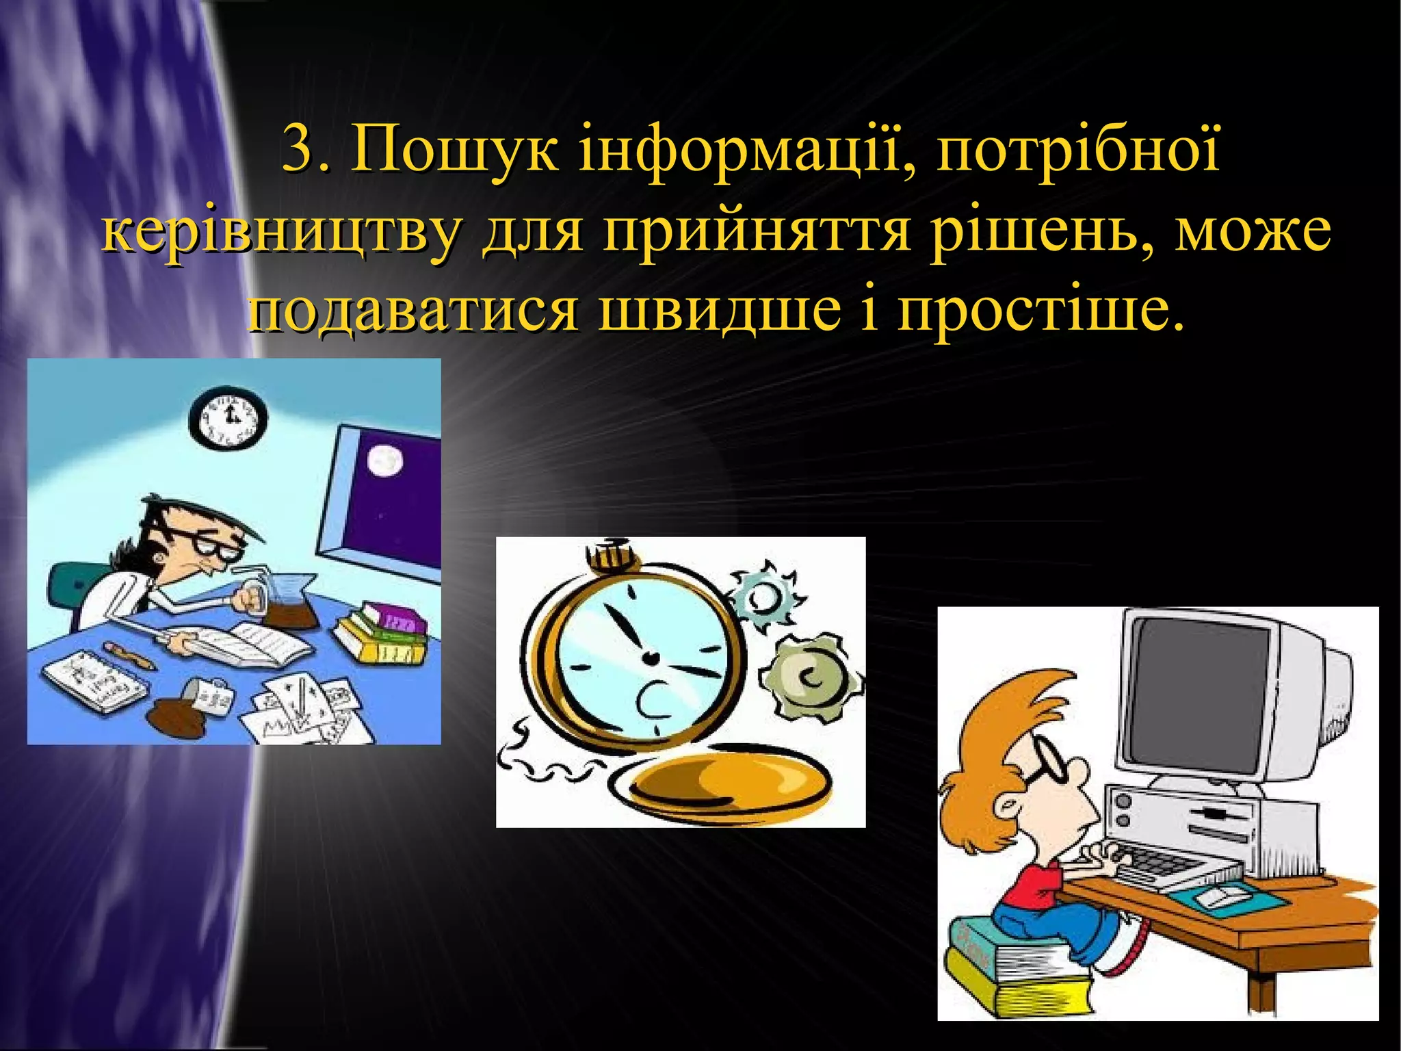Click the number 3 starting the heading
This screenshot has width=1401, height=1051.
click(297, 150)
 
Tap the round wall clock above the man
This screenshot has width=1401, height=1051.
click(226, 419)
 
